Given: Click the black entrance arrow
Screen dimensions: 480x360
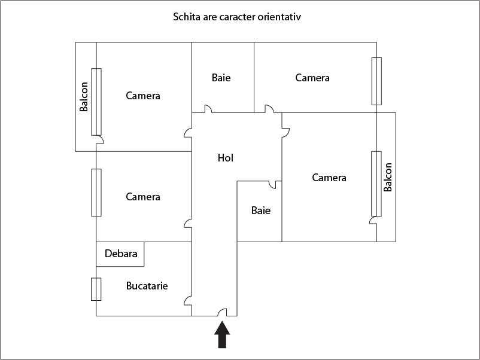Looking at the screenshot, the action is (222, 335).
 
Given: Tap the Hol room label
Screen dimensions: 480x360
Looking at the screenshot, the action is (226, 158).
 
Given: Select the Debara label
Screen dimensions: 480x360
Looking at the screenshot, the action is (121, 254).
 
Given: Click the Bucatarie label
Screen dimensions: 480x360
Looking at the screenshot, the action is (147, 286).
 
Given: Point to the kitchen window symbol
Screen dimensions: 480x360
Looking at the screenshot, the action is (96, 289).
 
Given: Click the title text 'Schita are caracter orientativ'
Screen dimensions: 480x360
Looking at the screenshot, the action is (237, 17).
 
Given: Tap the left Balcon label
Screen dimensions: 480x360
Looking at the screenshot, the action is (84, 97).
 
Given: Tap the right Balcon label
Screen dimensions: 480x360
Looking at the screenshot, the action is (388, 177).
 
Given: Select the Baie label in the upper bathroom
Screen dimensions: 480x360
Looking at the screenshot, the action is (221, 78).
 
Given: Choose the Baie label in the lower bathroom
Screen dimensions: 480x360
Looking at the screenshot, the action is (261, 210).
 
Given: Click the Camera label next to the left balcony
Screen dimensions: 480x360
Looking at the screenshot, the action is (143, 96).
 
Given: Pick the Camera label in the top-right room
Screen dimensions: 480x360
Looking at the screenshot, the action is (312, 78).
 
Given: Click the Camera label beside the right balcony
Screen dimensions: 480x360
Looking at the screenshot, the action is (329, 178).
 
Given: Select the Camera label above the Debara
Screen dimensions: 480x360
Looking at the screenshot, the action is (143, 197).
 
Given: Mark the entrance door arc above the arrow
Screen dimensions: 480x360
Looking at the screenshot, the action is (222, 312).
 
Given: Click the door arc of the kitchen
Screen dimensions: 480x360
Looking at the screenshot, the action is (188, 301).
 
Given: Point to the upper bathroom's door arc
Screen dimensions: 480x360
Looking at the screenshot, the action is (208, 109).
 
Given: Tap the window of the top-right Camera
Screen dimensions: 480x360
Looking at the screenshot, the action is (376, 81).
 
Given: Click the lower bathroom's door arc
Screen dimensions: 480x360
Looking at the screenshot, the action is (272, 185).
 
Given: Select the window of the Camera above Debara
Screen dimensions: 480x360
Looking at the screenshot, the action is (96, 193).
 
